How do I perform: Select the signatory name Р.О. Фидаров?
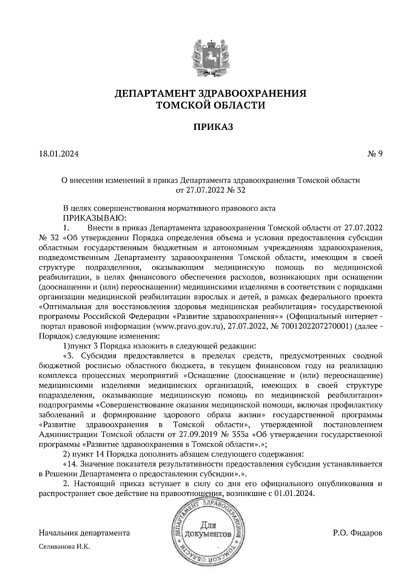click(x=357, y=533)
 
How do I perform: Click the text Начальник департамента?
click(x=84, y=533)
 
